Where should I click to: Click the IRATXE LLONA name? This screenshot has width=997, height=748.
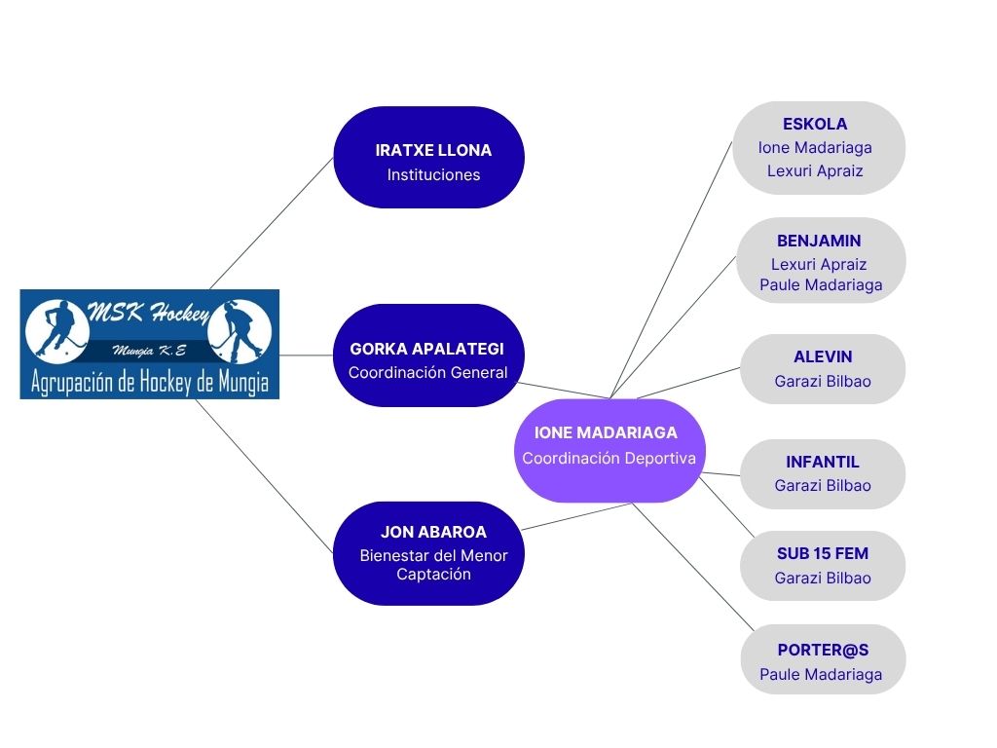coord(433,150)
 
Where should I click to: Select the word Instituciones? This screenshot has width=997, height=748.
coord(433,175)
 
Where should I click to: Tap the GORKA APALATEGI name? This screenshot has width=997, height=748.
coord(426,349)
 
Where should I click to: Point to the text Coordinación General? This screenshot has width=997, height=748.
coord(428,373)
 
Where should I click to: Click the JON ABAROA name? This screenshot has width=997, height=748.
coord(433,532)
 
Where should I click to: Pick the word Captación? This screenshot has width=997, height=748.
coord(433,575)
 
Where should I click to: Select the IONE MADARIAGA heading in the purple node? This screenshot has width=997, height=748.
coord(606,432)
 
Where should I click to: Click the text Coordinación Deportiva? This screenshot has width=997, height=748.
coord(609,458)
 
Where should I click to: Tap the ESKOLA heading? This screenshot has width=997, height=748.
coord(815,124)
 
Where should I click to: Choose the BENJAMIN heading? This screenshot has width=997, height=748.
coord(819,242)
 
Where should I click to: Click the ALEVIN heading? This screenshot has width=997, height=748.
coord(823,356)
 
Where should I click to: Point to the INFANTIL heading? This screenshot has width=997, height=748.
coord(823,462)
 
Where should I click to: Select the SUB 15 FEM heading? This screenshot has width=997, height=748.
coord(823,554)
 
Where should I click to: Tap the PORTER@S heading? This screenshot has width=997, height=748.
coord(823,650)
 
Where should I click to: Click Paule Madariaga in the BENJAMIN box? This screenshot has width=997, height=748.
coord(821,285)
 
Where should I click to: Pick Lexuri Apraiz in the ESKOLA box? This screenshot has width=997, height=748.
coord(815,171)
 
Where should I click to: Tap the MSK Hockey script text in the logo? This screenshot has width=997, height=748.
coord(149,313)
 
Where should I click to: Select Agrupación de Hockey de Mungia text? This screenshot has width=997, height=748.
coord(150,382)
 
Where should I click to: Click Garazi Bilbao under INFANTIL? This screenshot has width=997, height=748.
coord(823,486)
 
